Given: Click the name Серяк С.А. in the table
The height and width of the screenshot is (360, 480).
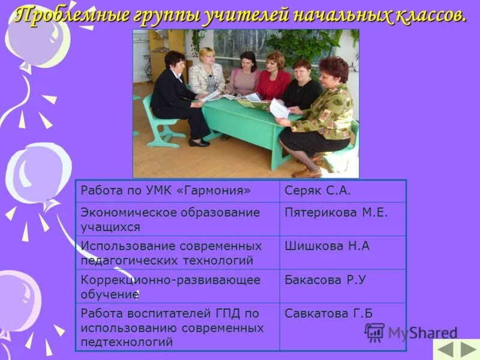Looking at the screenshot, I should (317, 191).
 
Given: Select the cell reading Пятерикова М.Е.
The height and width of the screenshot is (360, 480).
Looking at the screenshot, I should (336, 213).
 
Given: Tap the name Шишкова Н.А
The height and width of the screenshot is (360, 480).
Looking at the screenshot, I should (327, 247).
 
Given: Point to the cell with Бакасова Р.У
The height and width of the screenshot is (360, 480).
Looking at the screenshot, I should (325, 280).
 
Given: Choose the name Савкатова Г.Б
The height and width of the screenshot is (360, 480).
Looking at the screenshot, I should (329, 314).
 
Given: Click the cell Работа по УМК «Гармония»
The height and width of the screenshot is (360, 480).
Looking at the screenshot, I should (165, 191).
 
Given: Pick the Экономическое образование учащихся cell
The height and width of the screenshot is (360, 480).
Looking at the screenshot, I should (170, 220).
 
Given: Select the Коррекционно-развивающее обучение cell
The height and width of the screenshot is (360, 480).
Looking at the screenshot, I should (170, 287).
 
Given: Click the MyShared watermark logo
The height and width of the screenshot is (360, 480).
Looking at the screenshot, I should (412, 332).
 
